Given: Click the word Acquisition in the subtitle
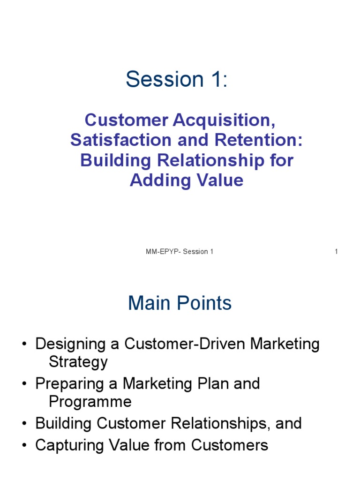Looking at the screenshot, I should tap(223, 120).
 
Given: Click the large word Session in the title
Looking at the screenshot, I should tap(158, 80).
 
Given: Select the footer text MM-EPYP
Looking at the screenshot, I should tap(163, 252).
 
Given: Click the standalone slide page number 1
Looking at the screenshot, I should tap(336, 252).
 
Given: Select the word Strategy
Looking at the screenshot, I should tap(78, 362).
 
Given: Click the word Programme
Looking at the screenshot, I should tap(90, 402).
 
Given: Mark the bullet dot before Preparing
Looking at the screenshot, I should tap(23, 384).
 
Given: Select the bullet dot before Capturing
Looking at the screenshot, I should tap(23, 445).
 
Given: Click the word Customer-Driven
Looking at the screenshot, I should tap(185, 344).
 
